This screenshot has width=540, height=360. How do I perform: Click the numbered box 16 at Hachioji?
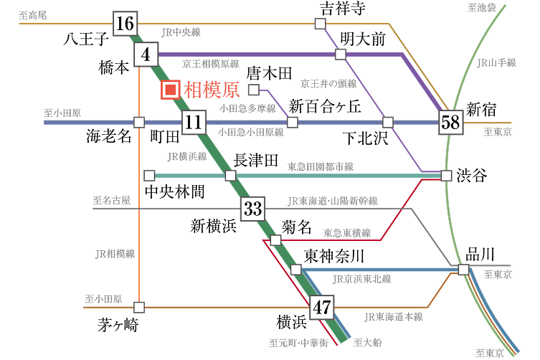(x=124, y=24)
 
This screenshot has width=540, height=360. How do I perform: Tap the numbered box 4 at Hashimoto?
(x=146, y=55)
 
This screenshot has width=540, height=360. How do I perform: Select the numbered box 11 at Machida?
(x=193, y=123)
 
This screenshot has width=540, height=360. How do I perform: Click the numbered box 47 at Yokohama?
(x=323, y=308)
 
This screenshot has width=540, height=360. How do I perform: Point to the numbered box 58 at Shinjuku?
(x=450, y=123)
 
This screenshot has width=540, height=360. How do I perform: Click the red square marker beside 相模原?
(x=171, y=90)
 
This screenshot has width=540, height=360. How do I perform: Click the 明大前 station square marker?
(x=339, y=55)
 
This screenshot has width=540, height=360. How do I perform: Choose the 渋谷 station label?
(x=472, y=175)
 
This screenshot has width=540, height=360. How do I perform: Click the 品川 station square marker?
(x=463, y=270)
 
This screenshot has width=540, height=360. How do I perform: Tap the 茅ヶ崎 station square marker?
(x=139, y=307)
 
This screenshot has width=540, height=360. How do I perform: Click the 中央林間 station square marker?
(x=149, y=175)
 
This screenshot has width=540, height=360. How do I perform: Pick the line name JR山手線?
(x=497, y=63)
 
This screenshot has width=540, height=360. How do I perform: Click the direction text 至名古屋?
(x=111, y=200)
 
